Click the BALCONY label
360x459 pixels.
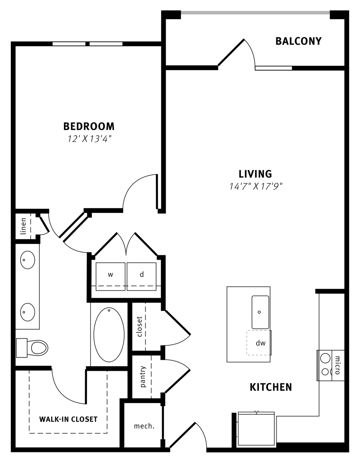(299, 41)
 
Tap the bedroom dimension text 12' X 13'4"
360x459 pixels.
(89, 139)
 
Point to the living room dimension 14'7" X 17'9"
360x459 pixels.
(256, 186)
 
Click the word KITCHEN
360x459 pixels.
(271, 387)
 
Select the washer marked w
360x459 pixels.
(110, 277)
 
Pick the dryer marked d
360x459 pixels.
(142, 277)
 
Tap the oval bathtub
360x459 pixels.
(109, 335)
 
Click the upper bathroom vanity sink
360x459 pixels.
(28, 260)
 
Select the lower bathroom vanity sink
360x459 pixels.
(28, 312)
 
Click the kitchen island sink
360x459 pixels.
(260, 312)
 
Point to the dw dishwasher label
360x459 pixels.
(260, 343)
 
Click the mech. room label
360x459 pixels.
(144, 426)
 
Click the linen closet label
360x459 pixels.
(23, 226)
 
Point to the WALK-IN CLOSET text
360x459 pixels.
(68, 419)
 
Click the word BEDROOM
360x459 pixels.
(89, 126)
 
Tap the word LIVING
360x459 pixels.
(255, 174)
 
